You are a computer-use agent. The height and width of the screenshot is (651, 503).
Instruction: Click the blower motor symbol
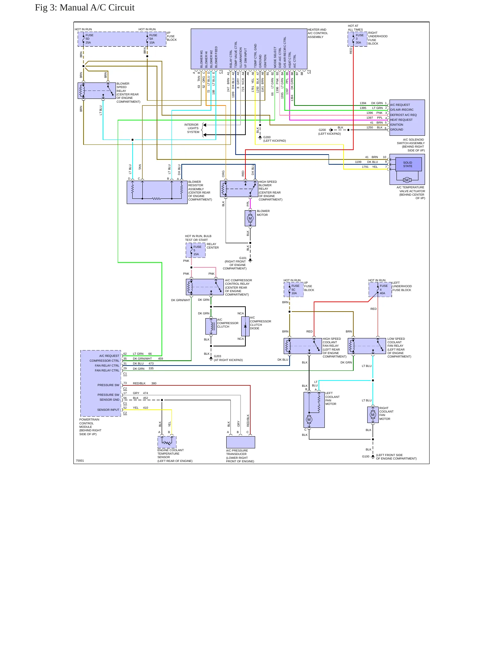click(250, 218)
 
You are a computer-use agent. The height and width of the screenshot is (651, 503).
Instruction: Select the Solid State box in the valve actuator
click(408, 164)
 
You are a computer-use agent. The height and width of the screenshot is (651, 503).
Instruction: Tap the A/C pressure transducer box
click(241, 442)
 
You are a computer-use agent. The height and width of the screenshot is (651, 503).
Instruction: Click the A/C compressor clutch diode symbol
click(245, 326)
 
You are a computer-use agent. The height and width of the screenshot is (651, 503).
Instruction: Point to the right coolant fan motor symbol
click(373, 415)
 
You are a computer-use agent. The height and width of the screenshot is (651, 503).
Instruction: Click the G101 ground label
click(243, 258)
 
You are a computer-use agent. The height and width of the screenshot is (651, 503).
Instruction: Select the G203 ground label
click(218, 356)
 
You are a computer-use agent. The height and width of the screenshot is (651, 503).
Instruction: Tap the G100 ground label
click(366, 456)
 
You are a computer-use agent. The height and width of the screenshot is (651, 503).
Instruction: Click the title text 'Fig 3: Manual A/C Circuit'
click(85, 8)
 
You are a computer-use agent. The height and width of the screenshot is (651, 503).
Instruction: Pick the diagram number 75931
click(80, 461)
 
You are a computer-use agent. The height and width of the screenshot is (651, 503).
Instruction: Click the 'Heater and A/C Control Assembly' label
click(318, 33)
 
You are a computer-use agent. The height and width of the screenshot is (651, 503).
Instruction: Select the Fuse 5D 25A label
click(89, 39)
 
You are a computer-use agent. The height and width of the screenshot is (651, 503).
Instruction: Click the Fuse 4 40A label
click(383, 289)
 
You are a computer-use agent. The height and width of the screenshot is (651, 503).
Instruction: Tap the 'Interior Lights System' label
click(192, 128)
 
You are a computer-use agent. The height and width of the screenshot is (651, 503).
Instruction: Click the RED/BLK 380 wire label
click(144, 383)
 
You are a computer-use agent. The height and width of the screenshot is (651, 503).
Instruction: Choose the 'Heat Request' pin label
click(401, 120)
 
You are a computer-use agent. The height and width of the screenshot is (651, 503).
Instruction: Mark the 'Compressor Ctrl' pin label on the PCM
click(104, 361)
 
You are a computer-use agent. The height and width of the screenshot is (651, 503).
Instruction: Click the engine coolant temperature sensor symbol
click(167, 442)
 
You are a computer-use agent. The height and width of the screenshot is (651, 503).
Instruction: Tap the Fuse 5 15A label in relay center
click(197, 250)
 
